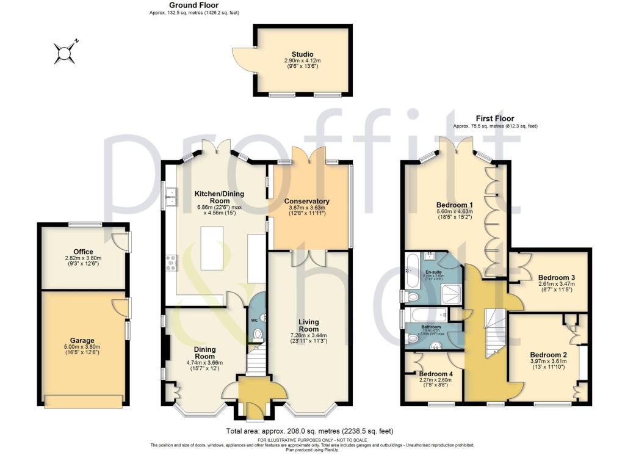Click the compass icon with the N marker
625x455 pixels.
[64, 53]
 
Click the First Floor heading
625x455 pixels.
[495, 118]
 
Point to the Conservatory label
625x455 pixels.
[306, 201]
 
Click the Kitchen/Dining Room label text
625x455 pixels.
[219, 197]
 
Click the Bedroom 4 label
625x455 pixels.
[436, 374]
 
